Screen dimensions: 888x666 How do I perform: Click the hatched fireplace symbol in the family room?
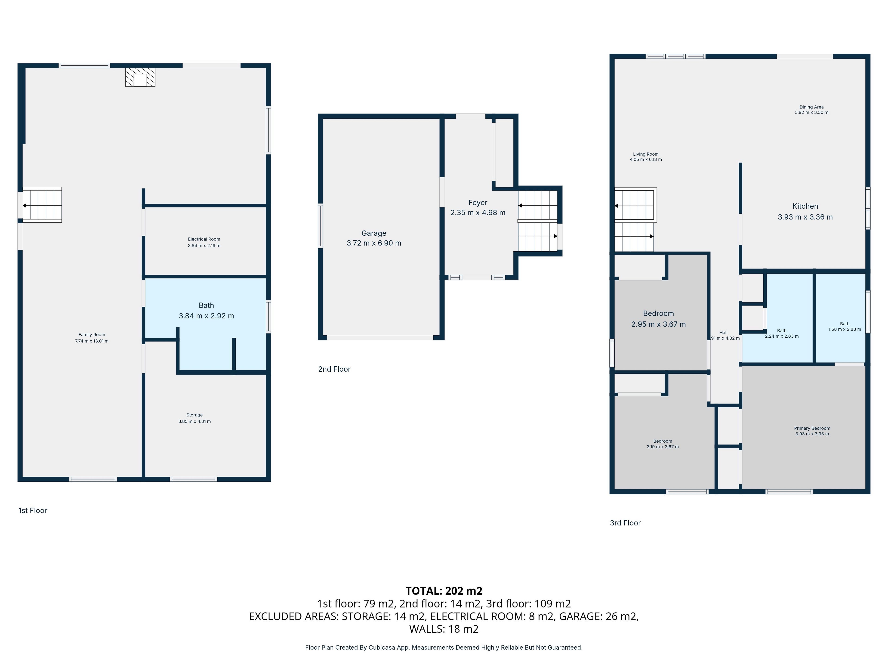coord(140,77)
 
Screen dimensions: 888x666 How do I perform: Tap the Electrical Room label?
coord(204,239)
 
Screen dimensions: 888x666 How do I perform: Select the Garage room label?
coord(374,233)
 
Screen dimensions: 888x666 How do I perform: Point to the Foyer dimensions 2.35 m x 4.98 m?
coord(478,213)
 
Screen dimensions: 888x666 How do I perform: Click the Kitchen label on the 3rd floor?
coord(805,206)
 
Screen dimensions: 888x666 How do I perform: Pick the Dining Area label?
coord(811,107)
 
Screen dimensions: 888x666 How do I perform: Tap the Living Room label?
coord(645,154)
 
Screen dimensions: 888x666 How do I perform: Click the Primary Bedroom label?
coord(812,428)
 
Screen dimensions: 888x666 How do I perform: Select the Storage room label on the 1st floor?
coord(194,415)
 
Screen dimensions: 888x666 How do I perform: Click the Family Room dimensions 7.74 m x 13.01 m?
coord(92,341)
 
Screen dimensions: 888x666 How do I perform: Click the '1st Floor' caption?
coord(33,511)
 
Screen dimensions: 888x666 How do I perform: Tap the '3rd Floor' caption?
coord(625,523)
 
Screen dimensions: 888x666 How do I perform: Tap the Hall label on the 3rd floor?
coord(723,333)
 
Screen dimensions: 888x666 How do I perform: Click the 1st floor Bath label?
coord(206,305)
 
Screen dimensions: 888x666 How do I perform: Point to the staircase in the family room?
coord(42,205)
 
